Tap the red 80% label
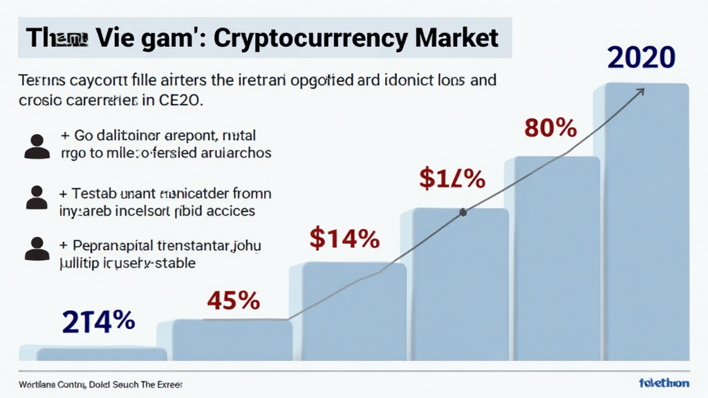coord(550,129)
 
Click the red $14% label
coord(344,239)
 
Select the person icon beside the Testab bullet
coord(37,197)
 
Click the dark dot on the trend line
coord(463,212)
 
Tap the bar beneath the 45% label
coord(232,340)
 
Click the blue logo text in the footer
coord(664,383)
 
